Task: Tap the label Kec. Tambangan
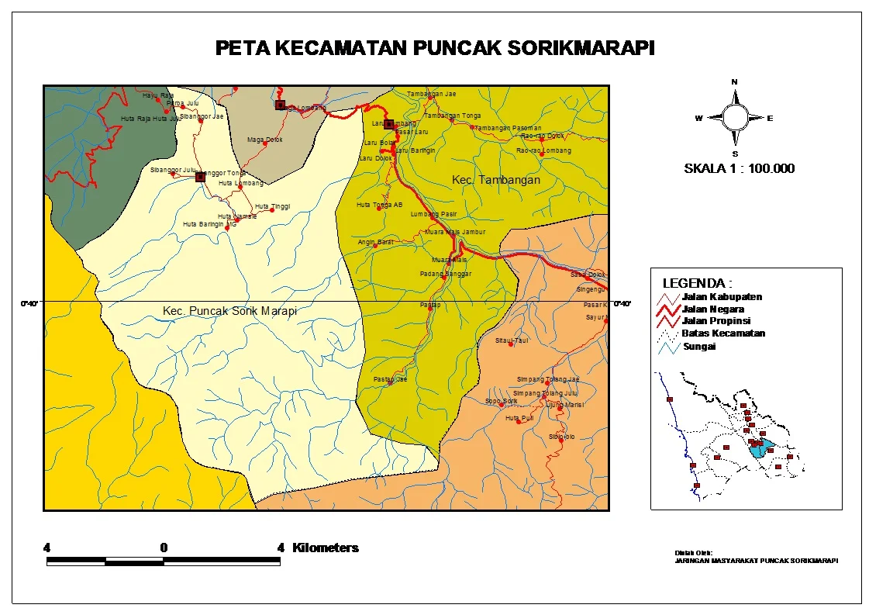pos(496,180)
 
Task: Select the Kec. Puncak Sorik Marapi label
pos(230,310)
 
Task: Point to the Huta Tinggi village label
pos(275,206)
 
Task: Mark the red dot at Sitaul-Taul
pos(511,344)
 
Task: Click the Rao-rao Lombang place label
pos(544,150)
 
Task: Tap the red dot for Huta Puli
pos(519,421)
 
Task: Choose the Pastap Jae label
pos(390,379)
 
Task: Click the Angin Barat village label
pos(374,242)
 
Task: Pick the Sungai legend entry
pos(698,346)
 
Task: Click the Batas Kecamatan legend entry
pos(722,333)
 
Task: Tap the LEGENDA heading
pos(697,283)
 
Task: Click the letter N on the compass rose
pos(735,81)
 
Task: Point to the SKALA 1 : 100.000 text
pos(739,168)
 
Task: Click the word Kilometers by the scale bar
pos(325,548)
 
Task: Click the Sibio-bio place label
pos(561,437)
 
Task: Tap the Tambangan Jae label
pos(432,94)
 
